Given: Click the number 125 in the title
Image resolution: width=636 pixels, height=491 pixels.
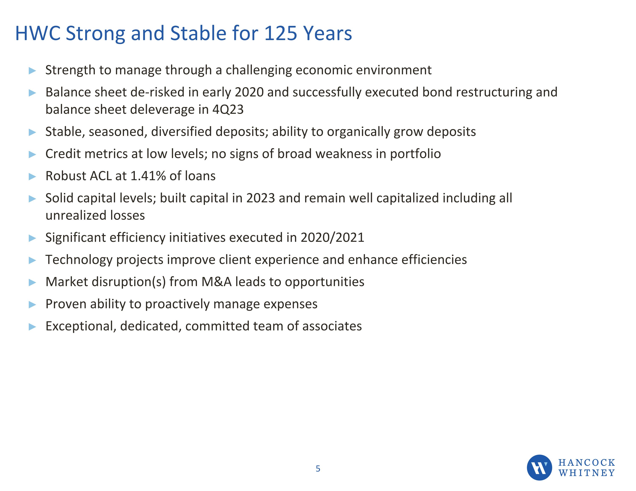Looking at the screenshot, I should [x=280, y=33].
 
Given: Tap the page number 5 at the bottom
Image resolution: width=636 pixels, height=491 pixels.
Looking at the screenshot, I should [x=318, y=469].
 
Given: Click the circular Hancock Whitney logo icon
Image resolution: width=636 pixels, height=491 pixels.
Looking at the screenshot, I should [x=539, y=467].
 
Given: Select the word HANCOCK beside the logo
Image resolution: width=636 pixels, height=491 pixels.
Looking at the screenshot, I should [x=586, y=462].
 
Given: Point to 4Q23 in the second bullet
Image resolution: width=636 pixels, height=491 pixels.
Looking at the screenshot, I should [x=228, y=110].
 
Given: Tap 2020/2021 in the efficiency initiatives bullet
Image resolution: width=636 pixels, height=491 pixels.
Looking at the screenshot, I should [x=332, y=238].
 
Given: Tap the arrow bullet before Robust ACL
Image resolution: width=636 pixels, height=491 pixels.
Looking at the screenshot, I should [x=32, y=177].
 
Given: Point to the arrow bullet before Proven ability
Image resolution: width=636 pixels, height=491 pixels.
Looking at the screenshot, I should [x=32, y=305].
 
